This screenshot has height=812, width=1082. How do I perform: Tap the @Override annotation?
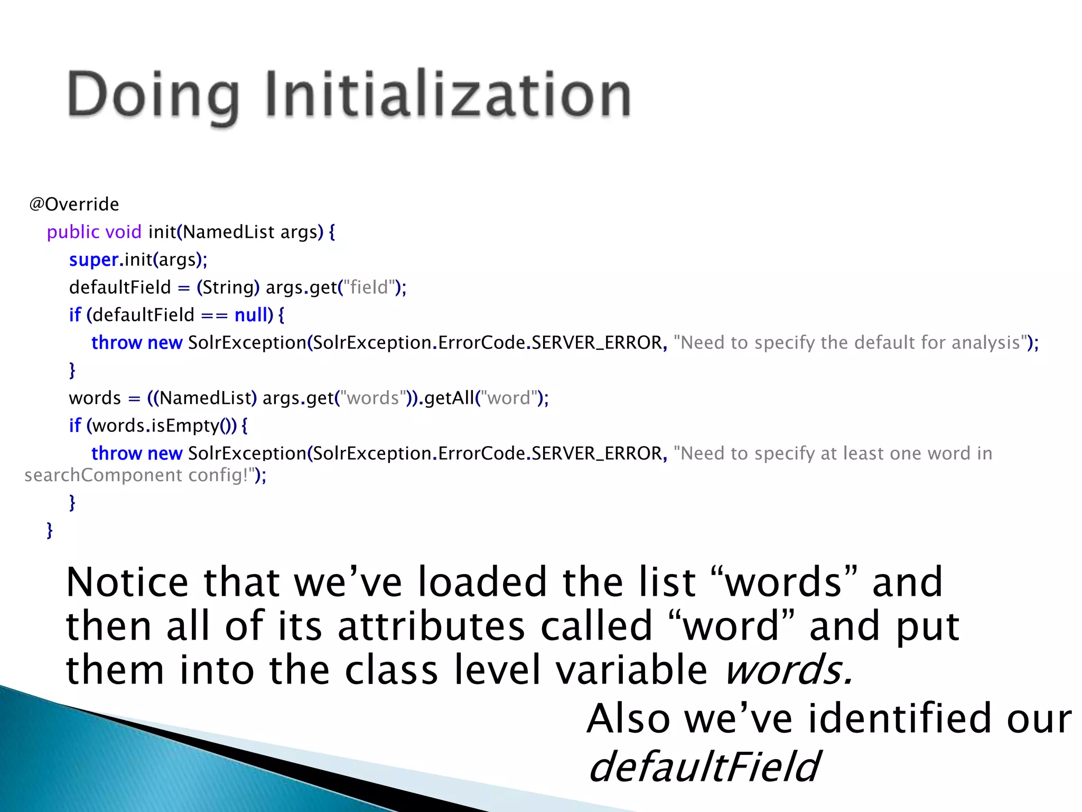click(74, 204)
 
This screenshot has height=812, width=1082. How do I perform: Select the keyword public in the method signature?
click(73, 232)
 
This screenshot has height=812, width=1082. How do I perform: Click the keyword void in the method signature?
click(123, 232)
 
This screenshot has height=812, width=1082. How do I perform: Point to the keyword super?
click(94, 260)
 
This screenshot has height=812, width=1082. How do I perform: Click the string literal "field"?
click(369, 288)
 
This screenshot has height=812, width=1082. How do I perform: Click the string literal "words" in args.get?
click(373, 398)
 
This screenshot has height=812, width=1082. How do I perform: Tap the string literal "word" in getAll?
click(509, 398)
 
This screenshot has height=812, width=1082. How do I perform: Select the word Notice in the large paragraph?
click(127, 583)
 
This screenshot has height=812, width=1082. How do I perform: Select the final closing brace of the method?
click(50, 530)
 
